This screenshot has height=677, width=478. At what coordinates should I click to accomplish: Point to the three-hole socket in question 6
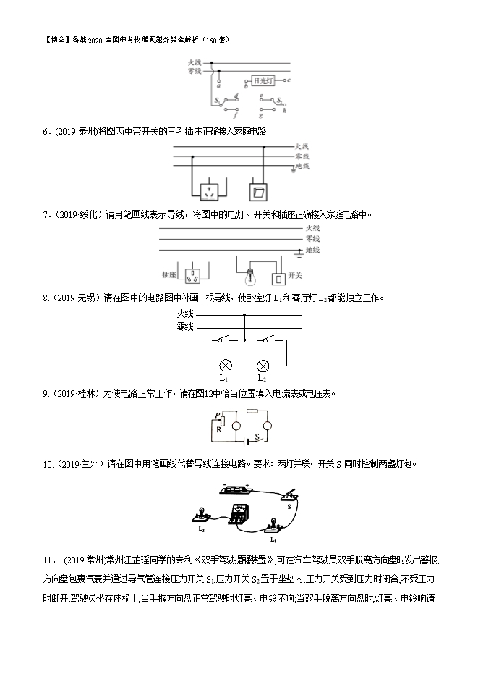point(208,192)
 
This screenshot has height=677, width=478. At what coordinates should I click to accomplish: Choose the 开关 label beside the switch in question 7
point(294,276)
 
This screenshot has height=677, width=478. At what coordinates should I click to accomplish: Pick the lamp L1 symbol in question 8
point(224,366)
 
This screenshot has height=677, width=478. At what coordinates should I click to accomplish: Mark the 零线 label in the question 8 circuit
point(185,327)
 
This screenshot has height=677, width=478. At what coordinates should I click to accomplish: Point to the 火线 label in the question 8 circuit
point(185,314)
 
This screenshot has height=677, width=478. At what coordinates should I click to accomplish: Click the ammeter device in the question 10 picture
point(239,515)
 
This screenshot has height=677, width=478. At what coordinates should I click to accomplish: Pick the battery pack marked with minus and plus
point(236,490)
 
